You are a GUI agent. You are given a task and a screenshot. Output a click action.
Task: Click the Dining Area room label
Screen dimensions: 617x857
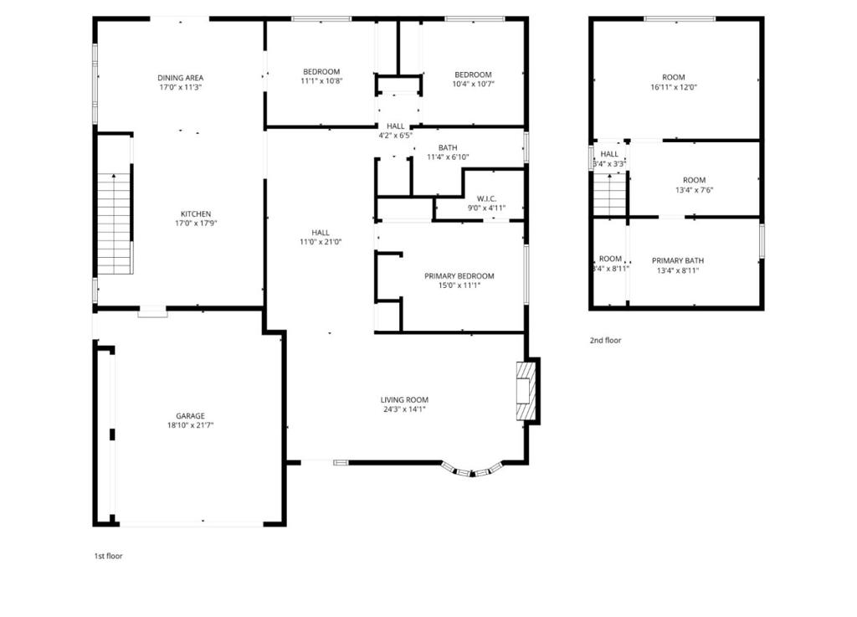tap(181, 78)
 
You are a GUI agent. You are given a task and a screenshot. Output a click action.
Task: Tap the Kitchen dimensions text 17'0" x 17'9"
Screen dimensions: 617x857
tap(196, 224)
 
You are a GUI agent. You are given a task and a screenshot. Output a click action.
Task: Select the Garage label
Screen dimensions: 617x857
tap(190, 416)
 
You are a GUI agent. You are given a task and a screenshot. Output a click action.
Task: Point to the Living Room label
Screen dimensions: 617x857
tap(404, 399)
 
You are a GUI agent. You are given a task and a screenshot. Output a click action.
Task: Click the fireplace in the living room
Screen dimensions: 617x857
tap(525, 391)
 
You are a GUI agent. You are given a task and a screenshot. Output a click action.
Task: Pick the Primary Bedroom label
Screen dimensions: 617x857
tap(459, 276)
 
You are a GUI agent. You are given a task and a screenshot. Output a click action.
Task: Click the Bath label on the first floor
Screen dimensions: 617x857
tap(448, 148)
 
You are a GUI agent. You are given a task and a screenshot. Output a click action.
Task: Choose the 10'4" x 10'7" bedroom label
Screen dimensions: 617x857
tap(473, 75)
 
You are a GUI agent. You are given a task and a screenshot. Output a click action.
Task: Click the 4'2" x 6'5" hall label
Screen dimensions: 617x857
tap(396, 126)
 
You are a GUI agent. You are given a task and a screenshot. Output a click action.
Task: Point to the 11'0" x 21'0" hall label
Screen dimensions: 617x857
tap(321, 233)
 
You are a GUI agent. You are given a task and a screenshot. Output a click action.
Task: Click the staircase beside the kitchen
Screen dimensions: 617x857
tap(115, 224)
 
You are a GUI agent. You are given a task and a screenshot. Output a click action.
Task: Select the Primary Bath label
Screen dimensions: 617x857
tap(678, 260)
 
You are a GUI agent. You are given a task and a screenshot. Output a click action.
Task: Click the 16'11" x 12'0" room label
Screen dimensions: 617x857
tap(674, 78)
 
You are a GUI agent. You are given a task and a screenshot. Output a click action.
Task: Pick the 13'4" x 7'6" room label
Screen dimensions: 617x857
tap(694, 180)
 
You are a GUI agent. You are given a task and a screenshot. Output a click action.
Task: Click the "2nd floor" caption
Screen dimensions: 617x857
tap(606, 341)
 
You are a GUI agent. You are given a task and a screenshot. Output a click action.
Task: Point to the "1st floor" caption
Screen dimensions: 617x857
tap(108, 556)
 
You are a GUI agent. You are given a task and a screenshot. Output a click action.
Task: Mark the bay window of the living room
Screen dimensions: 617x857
tap(472, 470)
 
